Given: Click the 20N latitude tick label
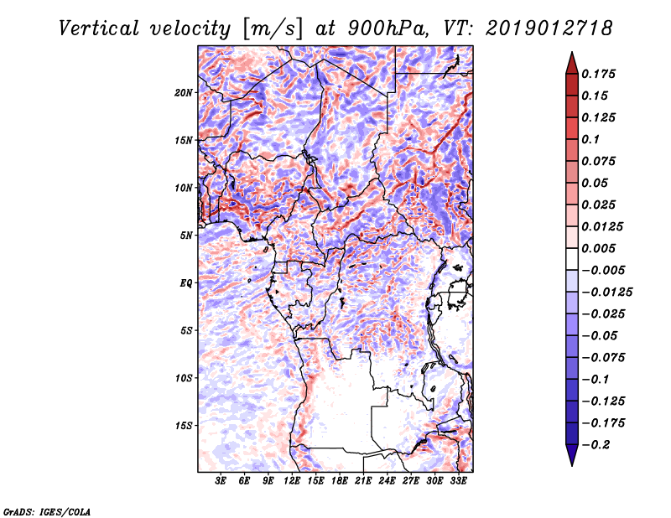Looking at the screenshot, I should [184, 92].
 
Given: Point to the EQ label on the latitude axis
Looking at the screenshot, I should [186, 283].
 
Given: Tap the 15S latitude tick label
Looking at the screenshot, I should [184, 426].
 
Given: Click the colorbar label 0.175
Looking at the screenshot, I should [599, 74].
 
